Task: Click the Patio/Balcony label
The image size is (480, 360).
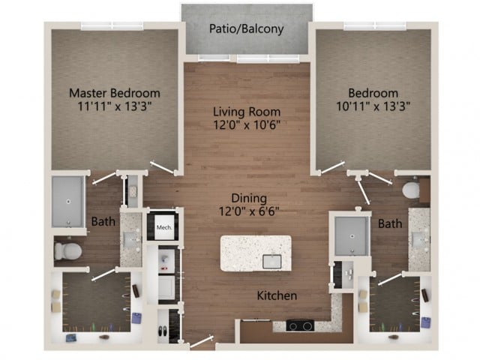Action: [247, 29]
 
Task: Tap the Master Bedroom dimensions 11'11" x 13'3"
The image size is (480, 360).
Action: [115, 106]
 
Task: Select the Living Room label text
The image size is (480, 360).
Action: [247, 112]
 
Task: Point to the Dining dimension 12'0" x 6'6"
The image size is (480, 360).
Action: [249, 211]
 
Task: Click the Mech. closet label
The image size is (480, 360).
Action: [164, 227]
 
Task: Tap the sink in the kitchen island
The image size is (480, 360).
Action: [271, 262]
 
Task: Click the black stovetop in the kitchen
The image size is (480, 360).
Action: [300, 325]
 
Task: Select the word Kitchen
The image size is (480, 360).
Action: [277, 295]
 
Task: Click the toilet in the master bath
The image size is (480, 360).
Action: [68, 251]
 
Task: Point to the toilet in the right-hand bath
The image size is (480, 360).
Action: [410, 190]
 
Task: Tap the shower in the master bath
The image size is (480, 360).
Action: [68, 202]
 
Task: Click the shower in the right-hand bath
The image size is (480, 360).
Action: [352, 236]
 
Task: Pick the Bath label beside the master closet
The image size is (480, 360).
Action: [103, 222]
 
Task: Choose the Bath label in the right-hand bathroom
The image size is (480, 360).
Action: [390, 223]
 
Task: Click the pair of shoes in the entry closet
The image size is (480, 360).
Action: [163, 331]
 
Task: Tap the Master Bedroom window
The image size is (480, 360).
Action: [112, 25]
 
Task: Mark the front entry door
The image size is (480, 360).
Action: [202, 342]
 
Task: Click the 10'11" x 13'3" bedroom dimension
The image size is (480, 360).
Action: [373, 106]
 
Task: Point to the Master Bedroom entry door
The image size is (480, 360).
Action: [163, 168]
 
